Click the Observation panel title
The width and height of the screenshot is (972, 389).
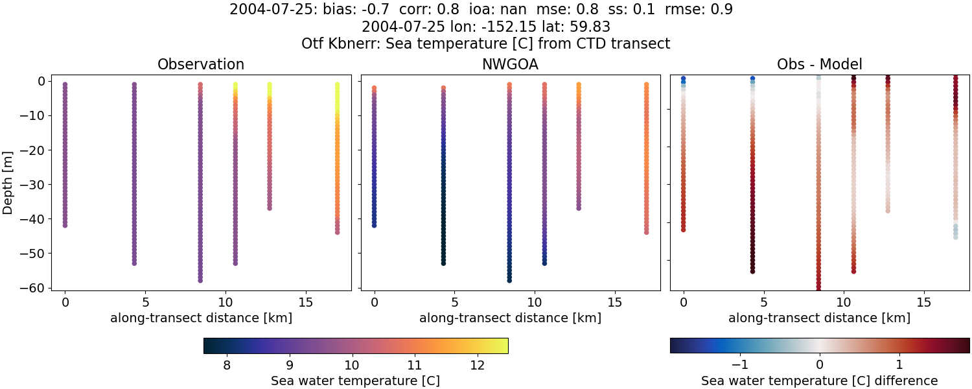201,64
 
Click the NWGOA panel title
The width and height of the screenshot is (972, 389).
510,64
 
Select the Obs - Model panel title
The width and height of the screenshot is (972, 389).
819,64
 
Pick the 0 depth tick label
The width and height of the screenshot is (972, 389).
40,81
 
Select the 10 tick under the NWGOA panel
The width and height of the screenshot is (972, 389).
535,302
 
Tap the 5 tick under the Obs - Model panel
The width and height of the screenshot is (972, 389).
764,302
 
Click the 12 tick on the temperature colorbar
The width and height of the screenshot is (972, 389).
478,365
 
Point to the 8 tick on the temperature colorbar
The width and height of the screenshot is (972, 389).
227,365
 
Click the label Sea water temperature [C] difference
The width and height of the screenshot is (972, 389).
819,381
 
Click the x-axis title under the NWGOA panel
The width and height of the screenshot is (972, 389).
510,318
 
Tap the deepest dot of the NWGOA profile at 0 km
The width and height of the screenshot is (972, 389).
374,225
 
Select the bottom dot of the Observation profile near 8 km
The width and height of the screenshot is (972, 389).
200,280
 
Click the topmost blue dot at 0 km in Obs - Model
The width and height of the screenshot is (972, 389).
683,78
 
